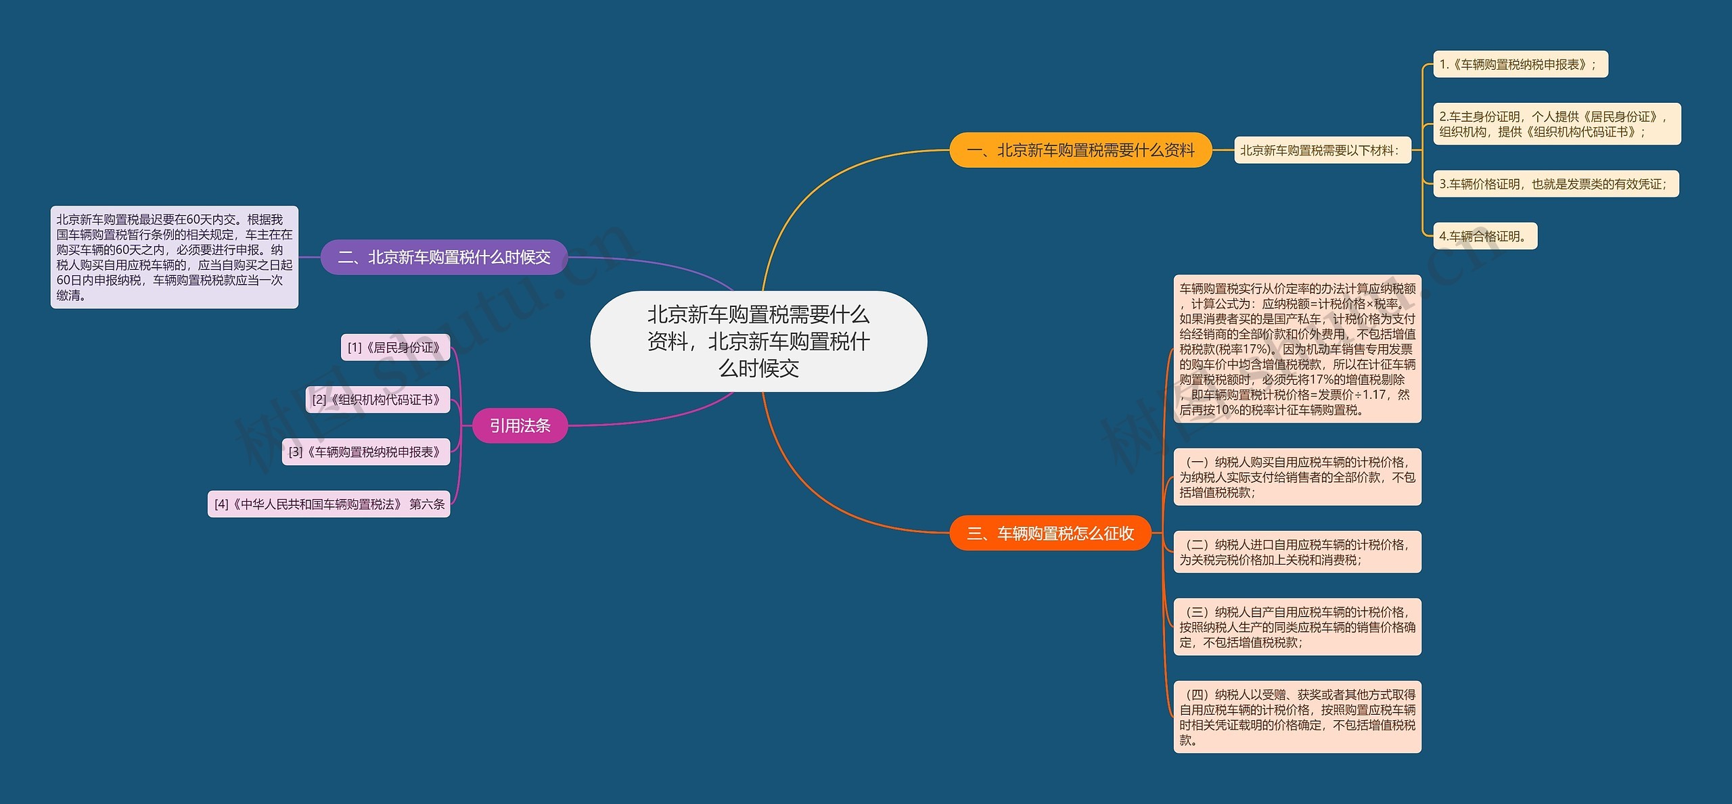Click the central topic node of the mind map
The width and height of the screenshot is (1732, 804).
(x=758, y=341)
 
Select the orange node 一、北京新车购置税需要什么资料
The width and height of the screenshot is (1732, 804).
(x=1080, y=150)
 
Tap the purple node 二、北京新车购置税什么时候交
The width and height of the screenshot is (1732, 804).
(x=444, y=257)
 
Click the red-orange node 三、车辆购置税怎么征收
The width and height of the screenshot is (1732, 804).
(x=1050, y=534)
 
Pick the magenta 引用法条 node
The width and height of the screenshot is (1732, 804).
(x=520, y=425)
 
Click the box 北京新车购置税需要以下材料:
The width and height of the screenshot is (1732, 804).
(x=1322, y=150)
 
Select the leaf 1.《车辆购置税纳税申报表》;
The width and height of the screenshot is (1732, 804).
(x=1520, y=65)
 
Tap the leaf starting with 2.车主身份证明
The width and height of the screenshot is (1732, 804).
(x=1556, y=124)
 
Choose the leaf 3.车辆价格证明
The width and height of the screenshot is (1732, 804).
(x=1555, y=184)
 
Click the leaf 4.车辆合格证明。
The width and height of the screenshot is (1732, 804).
(x=1484, y=236)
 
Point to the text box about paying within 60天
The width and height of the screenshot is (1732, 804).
(x=174, y=258)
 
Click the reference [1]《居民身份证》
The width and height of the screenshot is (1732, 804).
(x=394, y=348)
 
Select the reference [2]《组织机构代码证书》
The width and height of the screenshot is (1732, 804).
(x=378, y=400)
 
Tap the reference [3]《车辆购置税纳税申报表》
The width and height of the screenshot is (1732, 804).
(x=365, y=452)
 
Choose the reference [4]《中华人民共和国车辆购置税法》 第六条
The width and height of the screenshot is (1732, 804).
(x=329, y=504)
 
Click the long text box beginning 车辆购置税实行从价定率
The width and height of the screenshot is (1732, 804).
(x=1297, y=349)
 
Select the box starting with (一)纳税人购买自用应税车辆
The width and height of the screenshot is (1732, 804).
(x=1297, y=477)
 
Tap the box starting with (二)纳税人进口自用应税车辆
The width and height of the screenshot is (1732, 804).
(x=1297, y=552)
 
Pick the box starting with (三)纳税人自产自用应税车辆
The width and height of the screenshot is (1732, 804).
(x=1297, y=627)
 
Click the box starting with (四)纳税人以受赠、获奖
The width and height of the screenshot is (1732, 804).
(x=1297, y=717)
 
